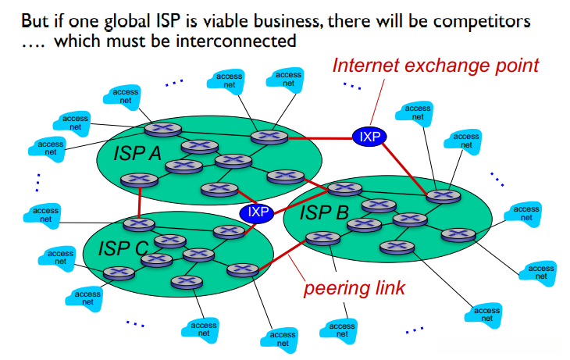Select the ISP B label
click(x=324, y=211)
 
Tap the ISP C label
click(x=123, y=248)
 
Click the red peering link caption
click(x=354, y=288)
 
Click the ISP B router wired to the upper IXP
click(x=433, y=194)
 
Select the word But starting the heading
click(x=35, y=17)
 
